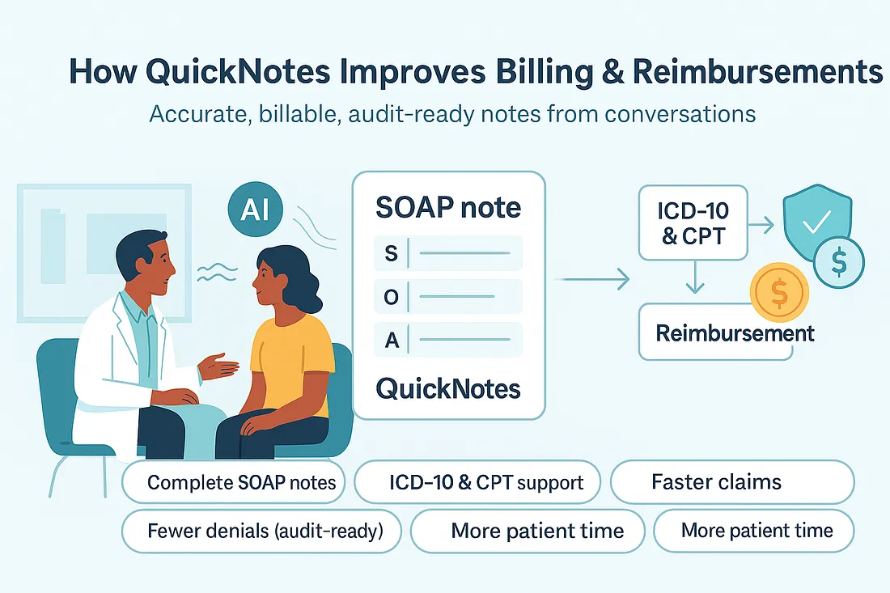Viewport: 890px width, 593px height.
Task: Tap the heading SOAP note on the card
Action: (448, 208)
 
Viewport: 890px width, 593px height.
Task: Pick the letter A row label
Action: (392, 340)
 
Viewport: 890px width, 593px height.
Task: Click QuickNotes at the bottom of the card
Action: (448, 389)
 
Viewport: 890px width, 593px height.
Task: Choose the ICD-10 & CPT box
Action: (692, 222)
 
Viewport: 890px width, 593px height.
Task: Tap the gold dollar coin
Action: (778, 294)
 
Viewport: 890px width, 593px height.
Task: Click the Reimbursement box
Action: (726, 332)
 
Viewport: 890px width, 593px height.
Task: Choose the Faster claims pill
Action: (731, 483)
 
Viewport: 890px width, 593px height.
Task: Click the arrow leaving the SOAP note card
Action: (595, 280)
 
